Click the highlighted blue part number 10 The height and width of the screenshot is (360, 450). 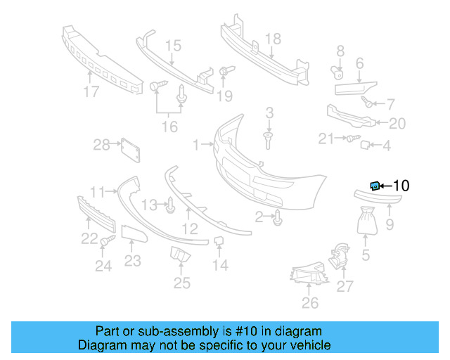(x=375, y=186)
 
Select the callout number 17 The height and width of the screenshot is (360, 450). (x=91, y=91)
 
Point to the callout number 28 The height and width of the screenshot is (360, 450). (x=102, y=145)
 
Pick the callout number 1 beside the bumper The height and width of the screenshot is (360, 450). (x=196, y=145)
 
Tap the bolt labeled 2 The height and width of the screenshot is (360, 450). (x=278, y=218)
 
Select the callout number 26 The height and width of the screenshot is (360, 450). (x=310, y=303)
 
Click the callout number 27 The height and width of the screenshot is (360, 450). (x=345, y=286)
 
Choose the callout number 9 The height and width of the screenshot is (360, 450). (x=390, y=226)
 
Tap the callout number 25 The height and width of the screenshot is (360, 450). (x=182, y=283)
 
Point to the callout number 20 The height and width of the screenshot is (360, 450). (x=397, y=124)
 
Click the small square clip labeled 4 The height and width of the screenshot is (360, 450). (x=366, y=146)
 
